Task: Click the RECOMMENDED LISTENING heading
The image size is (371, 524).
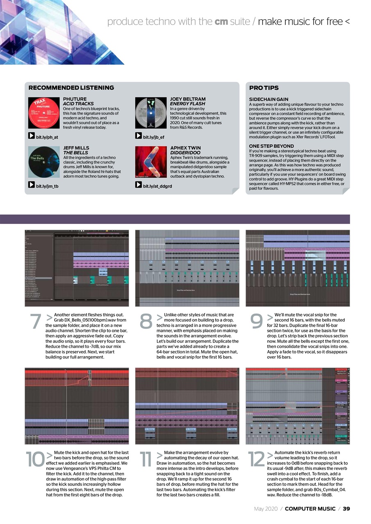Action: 71,88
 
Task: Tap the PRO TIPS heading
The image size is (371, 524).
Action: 264,88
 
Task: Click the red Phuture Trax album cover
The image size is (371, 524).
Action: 44,113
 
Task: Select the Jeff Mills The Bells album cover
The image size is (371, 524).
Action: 44,162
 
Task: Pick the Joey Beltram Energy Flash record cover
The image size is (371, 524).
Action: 151,113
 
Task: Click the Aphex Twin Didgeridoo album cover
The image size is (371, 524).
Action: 151,162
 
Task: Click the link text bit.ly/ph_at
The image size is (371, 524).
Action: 47,137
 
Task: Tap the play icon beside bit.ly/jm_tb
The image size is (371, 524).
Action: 31,185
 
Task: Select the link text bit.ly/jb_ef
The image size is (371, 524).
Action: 153,137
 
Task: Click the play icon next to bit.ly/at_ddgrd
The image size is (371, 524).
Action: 139,185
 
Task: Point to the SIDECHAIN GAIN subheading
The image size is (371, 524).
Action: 269,99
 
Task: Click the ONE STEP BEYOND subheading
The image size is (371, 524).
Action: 271,146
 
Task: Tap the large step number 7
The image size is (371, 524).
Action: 36,322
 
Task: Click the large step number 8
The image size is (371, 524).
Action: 146,322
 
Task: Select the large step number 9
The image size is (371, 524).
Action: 256,322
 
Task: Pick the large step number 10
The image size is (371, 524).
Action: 35,459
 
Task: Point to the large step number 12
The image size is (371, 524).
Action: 256,459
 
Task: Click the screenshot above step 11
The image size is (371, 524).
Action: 187,406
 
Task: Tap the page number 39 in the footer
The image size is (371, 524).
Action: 346,509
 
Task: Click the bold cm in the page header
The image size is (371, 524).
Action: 221,21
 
